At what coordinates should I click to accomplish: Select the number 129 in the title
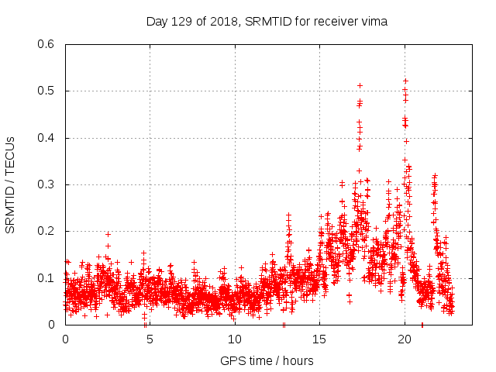181,22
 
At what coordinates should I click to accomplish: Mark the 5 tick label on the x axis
150,339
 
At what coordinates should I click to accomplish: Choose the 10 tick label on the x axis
235,339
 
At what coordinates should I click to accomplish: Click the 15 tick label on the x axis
319,339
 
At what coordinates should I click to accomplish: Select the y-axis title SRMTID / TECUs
11,184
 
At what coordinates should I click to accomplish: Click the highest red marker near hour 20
405,81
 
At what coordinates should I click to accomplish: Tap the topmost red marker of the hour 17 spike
360,85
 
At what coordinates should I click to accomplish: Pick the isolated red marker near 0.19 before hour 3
108,234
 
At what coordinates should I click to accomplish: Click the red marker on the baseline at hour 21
422,324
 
